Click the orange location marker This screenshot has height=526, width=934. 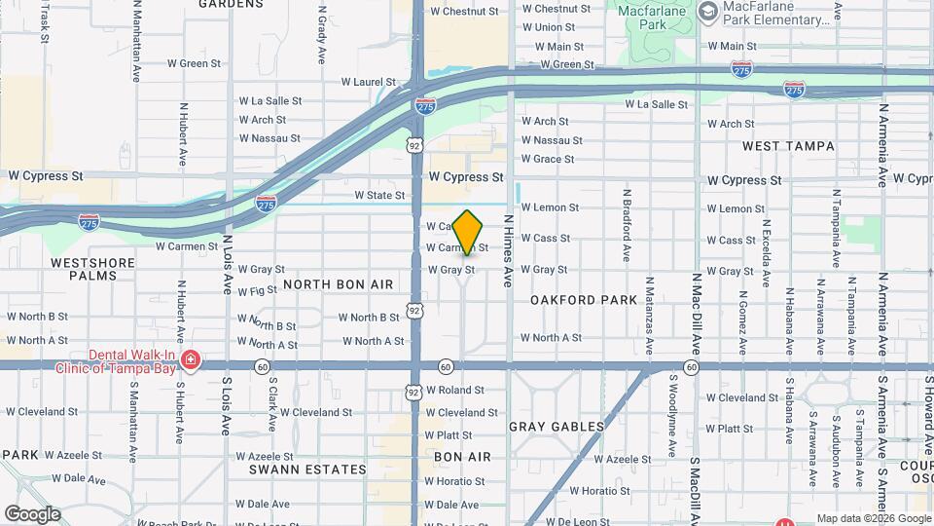(468, 233)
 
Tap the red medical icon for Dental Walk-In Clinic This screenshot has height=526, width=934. (191, 361)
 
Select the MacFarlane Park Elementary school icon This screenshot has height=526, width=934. (708, 12)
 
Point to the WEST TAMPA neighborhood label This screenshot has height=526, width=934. (788, 146)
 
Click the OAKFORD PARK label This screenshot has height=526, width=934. (584, 300)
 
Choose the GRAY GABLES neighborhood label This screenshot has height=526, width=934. (557, 427)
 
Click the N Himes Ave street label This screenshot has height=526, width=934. (507, 251)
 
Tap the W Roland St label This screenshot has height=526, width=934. (462, 391)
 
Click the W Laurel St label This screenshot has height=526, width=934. (368, 84)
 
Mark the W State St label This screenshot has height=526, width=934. (379, 196)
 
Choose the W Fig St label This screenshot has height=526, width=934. (257, 291)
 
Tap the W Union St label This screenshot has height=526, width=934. (555, 27)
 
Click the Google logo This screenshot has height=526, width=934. (32, 514)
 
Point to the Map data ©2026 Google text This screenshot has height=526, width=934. (873, 519)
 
